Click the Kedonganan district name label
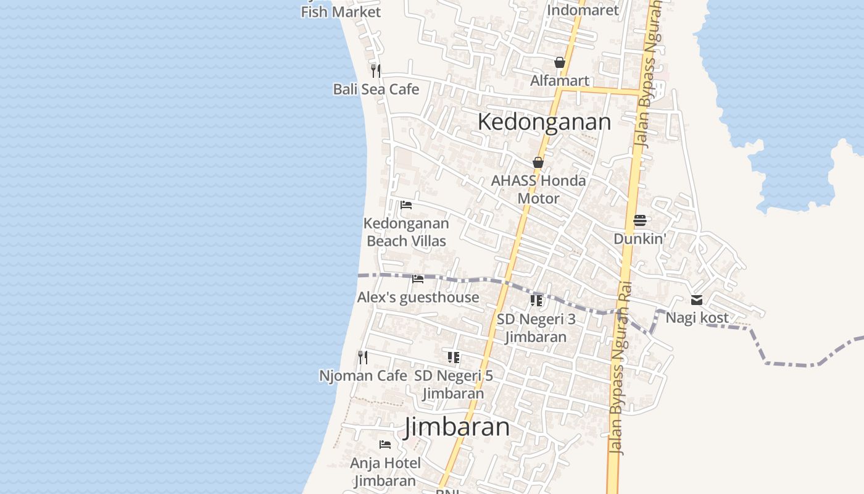point(544,122)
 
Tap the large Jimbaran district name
point(457,427)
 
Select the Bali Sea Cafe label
point(376,90)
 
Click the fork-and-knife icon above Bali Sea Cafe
point(376,70)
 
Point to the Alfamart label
point(560,81)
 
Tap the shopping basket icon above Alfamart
point(560,62)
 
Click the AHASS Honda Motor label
point(538,190)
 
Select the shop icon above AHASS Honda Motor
point(538,162)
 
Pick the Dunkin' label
point(639,239)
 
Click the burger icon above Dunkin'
point(639,220)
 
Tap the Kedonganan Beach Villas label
point(406,232)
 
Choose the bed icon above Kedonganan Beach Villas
point(406,205)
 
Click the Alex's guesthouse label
point(418,298)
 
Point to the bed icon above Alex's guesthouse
point(418,279)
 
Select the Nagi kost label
point(697,318)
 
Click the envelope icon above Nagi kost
point(697,300)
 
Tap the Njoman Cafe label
point(363,375)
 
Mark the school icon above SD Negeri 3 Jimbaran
point(536,301)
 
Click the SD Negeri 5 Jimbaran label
point(454,384)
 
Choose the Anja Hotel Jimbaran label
point(385,472)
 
